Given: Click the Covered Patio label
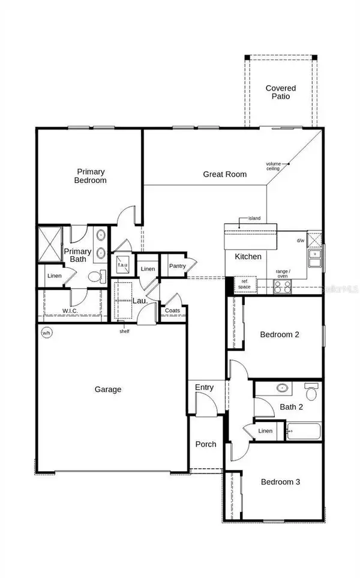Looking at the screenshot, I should (x=281, y=93).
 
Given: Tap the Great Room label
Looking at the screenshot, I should (x=225, y=175).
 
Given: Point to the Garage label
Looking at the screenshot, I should (x=108, y=390).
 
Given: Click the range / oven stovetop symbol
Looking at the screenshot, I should (x=283, y=287).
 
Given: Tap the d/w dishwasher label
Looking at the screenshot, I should (x=301, y=241).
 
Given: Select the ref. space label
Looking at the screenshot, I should (x=245, y=283).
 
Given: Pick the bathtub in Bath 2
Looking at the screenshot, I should (x=304, y=431).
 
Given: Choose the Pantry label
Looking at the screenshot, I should (x=177, y=266).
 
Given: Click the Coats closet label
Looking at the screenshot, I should (x=173, y=310).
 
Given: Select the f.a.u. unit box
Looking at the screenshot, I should (x=122, y=265).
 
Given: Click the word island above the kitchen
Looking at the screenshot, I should (x=254, y=219).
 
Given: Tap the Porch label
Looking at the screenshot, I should (x=206, y=444).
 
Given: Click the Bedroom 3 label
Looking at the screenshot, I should (x=280, y=482).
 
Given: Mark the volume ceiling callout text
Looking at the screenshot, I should (x=274, y=166).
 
